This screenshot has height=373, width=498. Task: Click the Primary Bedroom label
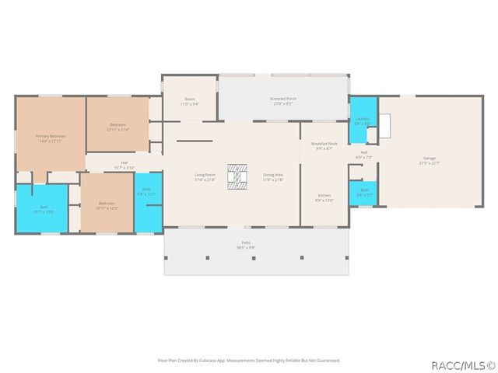point(51,138)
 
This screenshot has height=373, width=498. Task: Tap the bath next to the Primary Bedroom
point(41,208)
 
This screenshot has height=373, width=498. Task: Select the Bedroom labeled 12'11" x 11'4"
point(117,127)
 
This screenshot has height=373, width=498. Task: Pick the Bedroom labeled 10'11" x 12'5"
point(107,206)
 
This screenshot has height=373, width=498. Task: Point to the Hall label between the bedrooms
point(124,164)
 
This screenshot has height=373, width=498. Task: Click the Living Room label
point(205,176)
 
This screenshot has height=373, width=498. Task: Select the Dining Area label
point(273,176)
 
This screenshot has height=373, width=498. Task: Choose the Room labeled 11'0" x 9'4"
point(189,101)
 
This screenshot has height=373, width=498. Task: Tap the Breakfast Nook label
point(324,145)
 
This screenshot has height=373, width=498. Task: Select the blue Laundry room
point(362,121)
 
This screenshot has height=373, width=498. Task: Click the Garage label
point(430,161)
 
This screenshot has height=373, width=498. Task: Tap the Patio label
point(246,246)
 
